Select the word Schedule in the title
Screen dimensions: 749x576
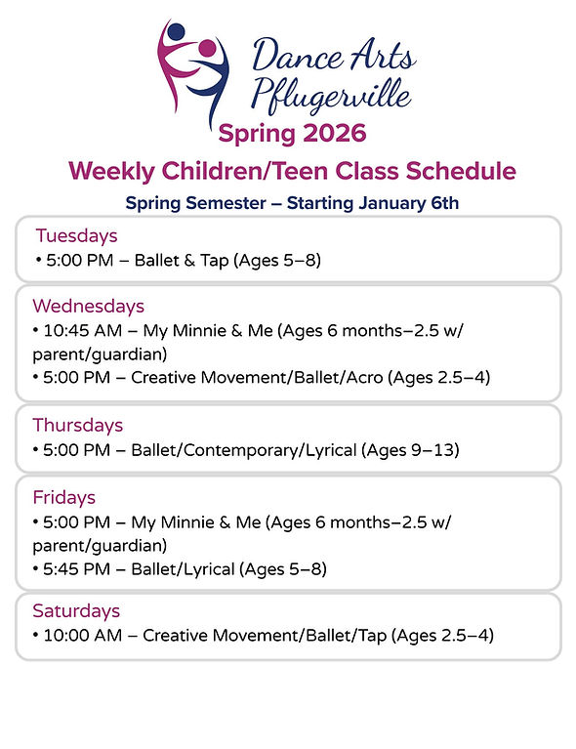tap(458, 171)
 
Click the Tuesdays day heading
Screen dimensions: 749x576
tap(76, 235)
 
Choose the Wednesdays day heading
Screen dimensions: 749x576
tap(88, 306)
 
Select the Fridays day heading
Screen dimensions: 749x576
tap(63, 497)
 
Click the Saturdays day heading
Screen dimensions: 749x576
tap(76, 610)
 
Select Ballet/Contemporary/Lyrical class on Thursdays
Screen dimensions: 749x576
tap(255, 450)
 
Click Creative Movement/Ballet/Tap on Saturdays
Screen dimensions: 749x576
tap(265, 636)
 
